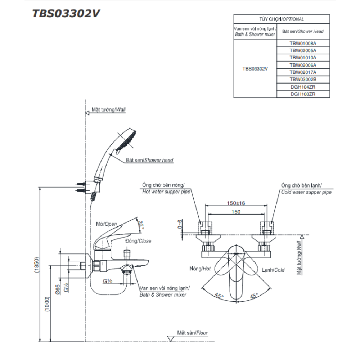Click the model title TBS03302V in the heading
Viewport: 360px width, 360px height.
(66, 13)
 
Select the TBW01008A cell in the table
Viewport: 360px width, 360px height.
(303, 43)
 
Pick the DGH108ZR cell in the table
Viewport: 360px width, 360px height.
(303, 94)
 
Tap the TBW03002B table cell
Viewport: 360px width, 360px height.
(303, 79)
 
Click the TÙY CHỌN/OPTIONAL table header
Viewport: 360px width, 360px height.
(282, 19)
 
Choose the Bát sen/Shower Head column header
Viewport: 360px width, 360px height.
(303, 31)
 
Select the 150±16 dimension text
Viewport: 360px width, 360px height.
(236, 203)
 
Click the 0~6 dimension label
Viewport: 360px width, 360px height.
(180, 224)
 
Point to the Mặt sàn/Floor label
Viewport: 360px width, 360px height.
(192, 333)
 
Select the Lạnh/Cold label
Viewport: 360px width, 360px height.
(273, 270)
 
